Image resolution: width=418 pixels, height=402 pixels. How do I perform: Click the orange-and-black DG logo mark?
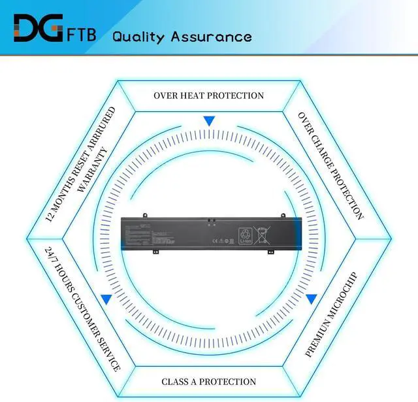coord(37,27)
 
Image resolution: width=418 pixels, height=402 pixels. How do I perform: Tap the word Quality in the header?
coord(138,36)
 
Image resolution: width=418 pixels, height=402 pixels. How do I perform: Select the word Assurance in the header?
coord(211,36)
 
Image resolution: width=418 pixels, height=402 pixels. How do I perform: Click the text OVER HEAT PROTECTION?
coord(208,95)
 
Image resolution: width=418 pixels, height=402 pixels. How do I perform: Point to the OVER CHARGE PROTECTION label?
coord(330,165)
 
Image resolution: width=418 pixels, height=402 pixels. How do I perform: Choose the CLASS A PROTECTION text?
coord(208,381)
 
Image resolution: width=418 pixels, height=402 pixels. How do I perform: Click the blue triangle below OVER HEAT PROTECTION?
coord(209,121)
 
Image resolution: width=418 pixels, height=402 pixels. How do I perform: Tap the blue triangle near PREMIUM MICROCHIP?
coord(312,299)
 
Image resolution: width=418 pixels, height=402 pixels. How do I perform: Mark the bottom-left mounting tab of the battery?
coord(156,250)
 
